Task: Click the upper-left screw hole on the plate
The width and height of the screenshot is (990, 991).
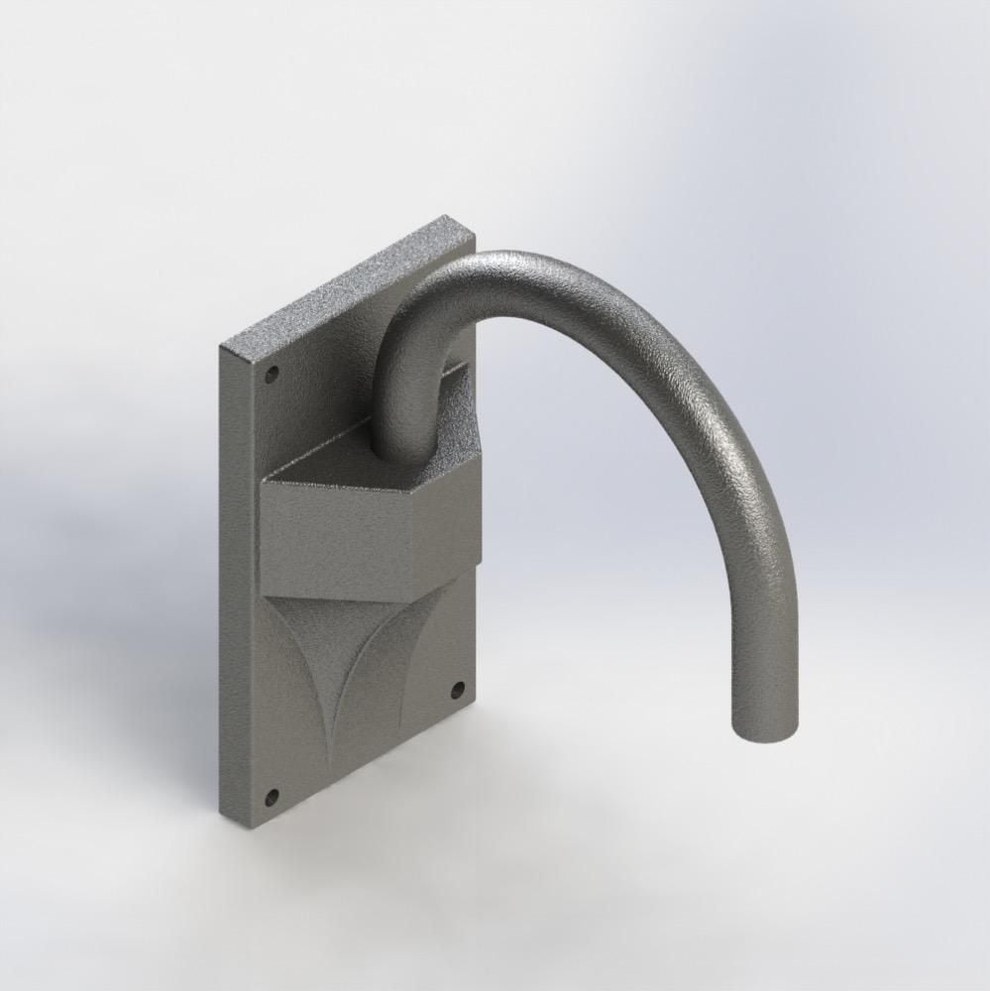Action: (x=272, y=376)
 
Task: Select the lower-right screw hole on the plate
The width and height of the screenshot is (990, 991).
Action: (x=457, y=689)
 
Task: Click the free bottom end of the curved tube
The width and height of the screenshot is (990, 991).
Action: (x=763, y=728)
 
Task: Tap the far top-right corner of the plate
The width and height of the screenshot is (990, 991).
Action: (x=474, y=238)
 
